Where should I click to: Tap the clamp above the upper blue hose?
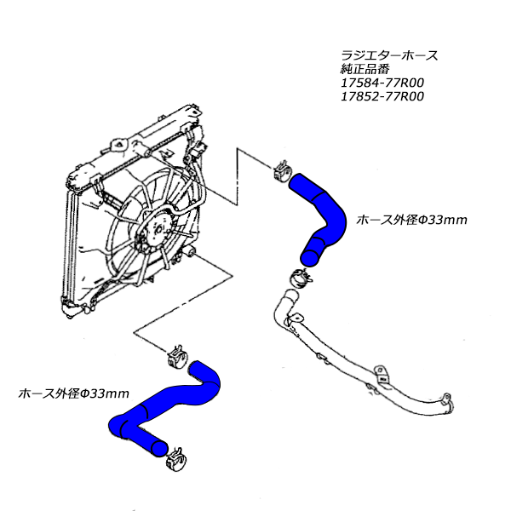[284, 171]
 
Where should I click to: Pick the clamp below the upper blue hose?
[299, 276]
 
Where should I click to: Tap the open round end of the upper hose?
[312, 253]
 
